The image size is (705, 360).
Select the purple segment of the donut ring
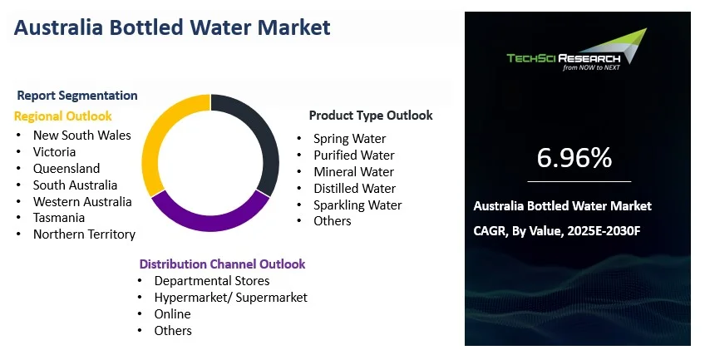point(210,221)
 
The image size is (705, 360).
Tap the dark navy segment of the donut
point(263,135)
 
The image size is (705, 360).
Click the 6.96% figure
point(574,158)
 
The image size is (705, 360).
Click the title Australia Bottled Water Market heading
point(172,27)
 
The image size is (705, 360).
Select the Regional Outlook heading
point(63,116)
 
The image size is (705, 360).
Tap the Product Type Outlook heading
point(371,116)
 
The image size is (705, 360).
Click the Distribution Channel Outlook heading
point(222,264)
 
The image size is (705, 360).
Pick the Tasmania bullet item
point(59,218)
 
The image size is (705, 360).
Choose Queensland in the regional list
point(67,169)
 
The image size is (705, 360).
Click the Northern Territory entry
point(84,234)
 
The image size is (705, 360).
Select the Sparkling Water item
point(357,205)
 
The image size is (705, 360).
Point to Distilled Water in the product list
point(355,189)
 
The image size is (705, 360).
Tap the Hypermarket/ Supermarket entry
point(230,298)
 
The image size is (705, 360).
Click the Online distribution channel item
point(172,313)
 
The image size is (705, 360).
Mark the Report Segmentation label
point(77,96)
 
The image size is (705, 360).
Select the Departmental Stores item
point(212,281)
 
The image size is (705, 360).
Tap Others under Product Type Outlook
point(333,220)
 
